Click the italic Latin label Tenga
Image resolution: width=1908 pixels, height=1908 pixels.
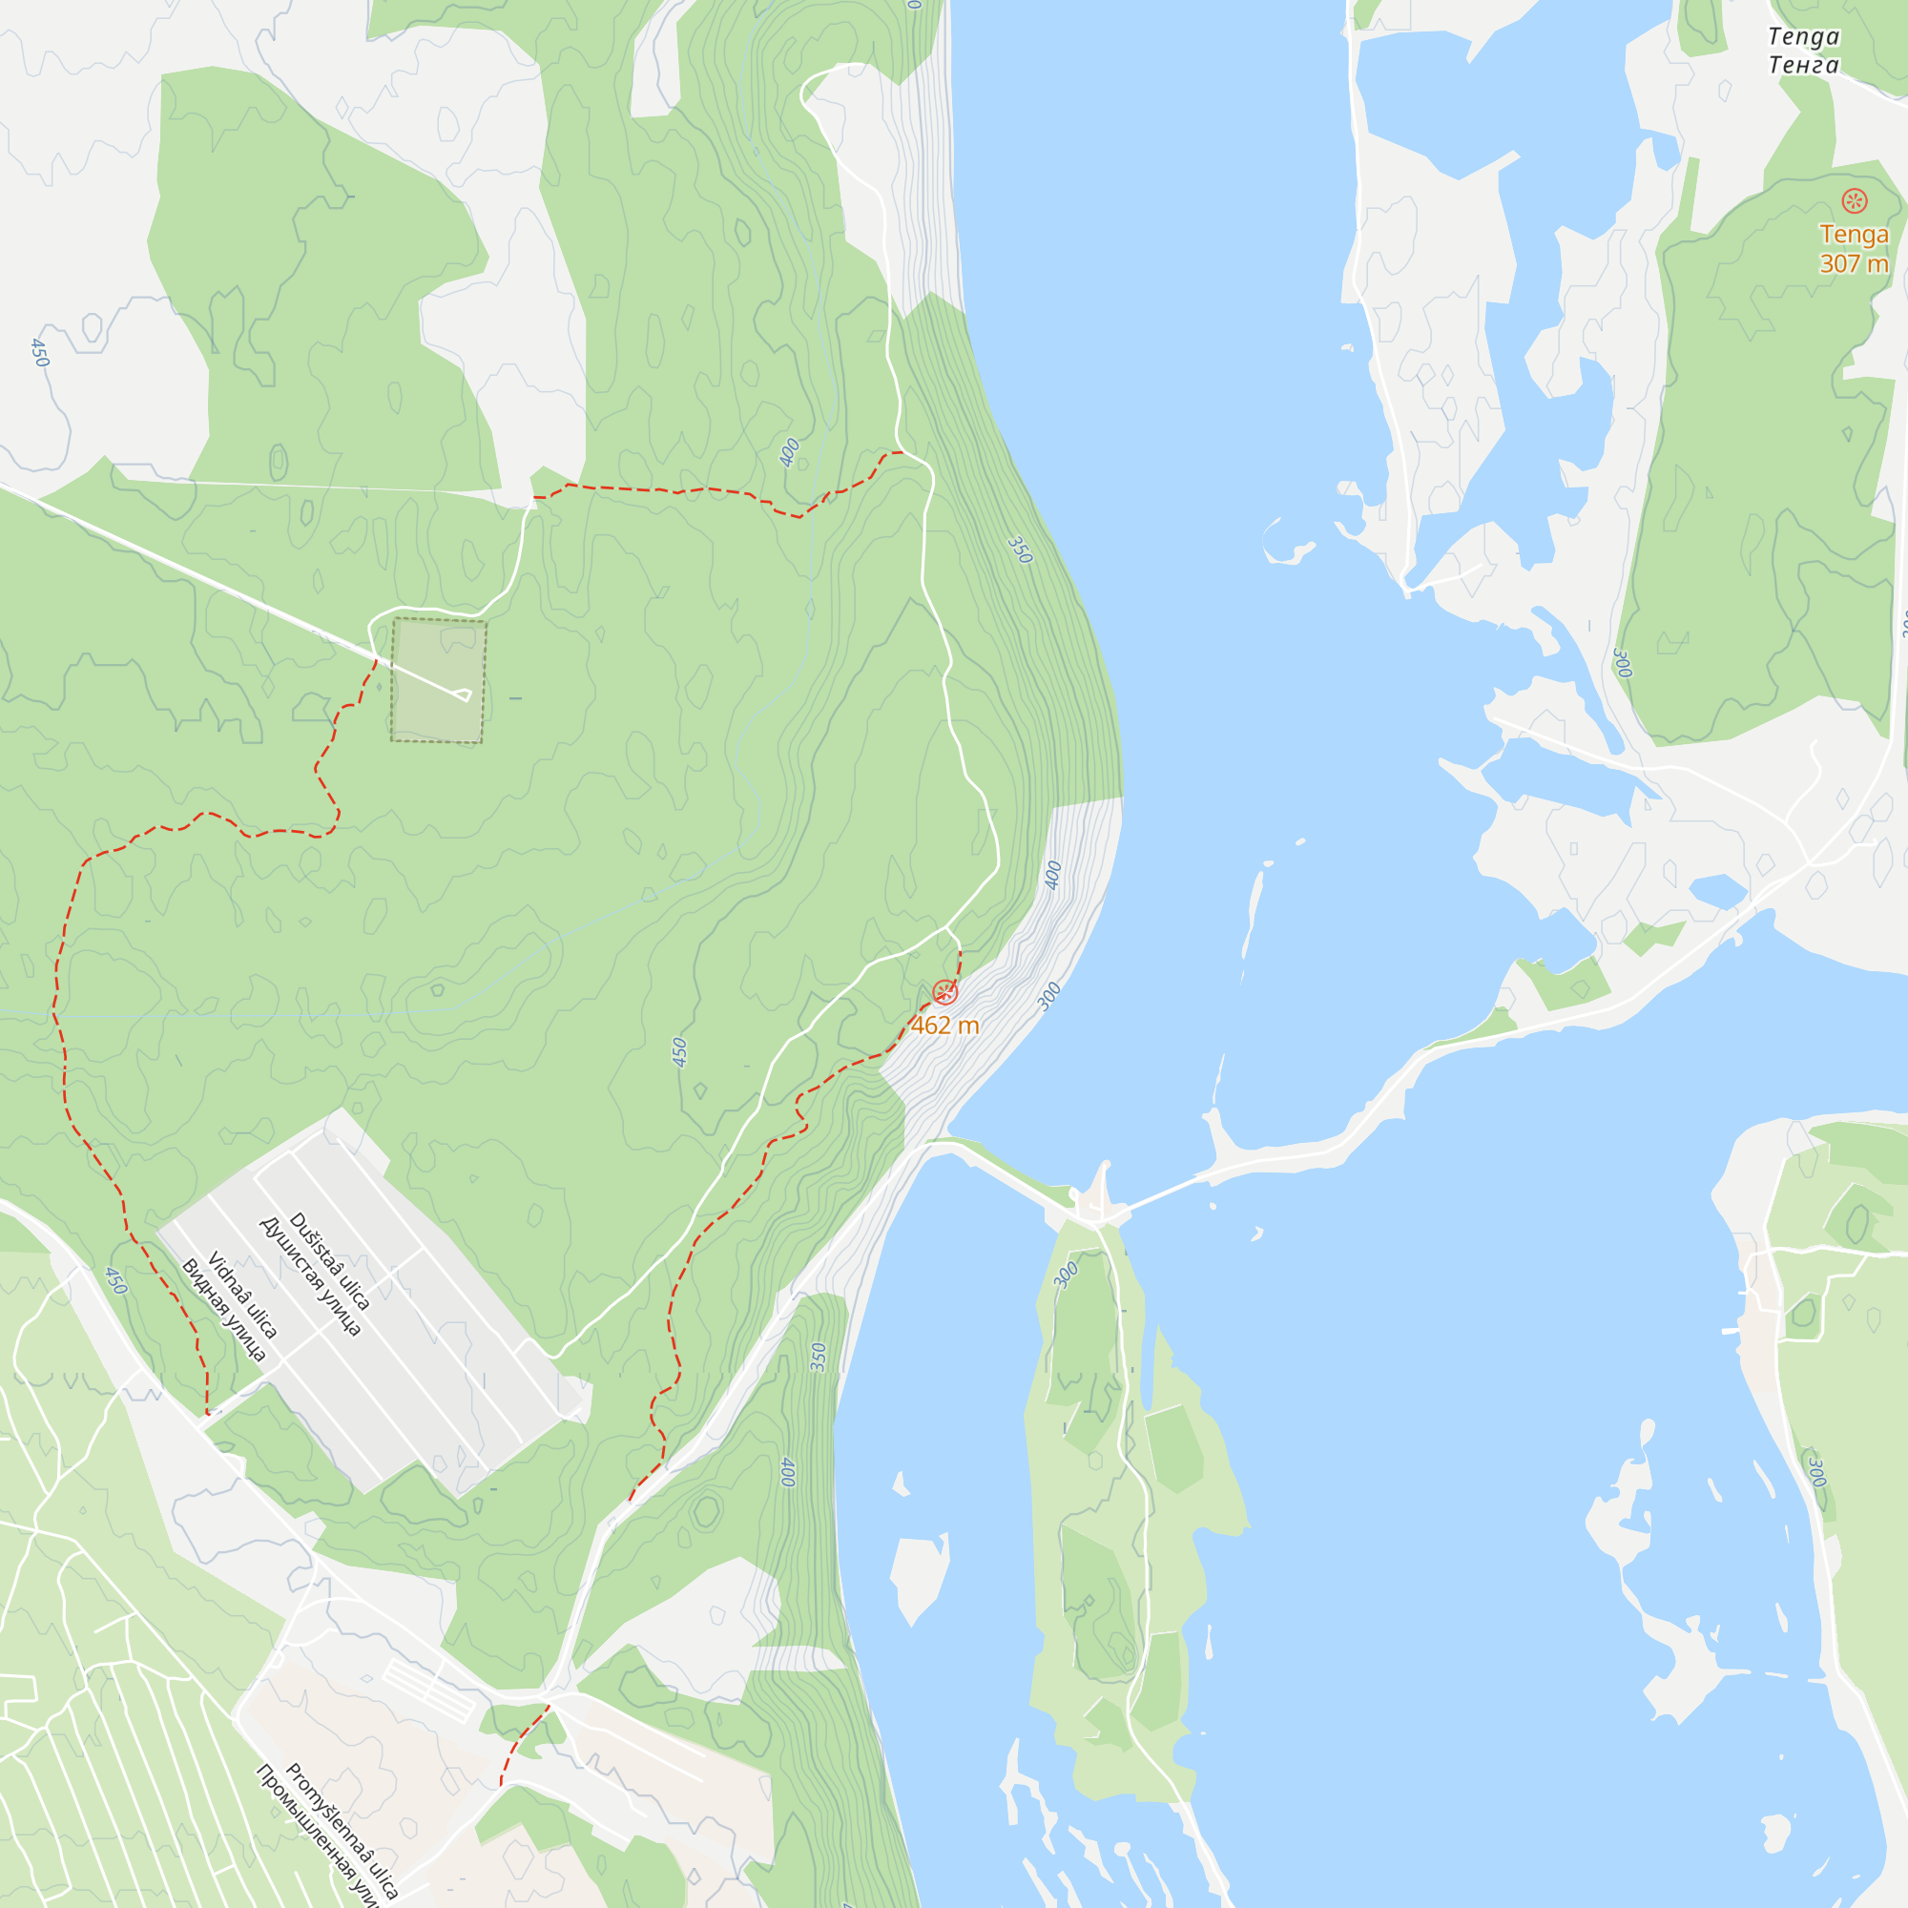point(1803,37)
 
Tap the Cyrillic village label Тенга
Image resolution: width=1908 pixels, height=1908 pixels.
point(1803,65)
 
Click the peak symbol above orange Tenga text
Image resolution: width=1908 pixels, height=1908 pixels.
point(1854,201)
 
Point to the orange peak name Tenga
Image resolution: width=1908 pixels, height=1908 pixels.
point(1854,235)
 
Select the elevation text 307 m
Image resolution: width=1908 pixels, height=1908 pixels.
point(1854,263)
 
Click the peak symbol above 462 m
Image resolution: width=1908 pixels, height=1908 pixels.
point(945,991)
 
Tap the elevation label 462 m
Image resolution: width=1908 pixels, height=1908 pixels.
point(945,1027)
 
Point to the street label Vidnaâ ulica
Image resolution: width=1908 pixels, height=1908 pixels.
point(243,1295)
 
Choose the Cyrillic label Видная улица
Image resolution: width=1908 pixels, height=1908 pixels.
point(223,1311)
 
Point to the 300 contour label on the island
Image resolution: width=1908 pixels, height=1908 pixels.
point(1066,1275)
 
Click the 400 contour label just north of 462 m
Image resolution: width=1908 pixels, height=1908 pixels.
point(1054,875)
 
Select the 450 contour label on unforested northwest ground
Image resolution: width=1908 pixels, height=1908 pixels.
point(39,353)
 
